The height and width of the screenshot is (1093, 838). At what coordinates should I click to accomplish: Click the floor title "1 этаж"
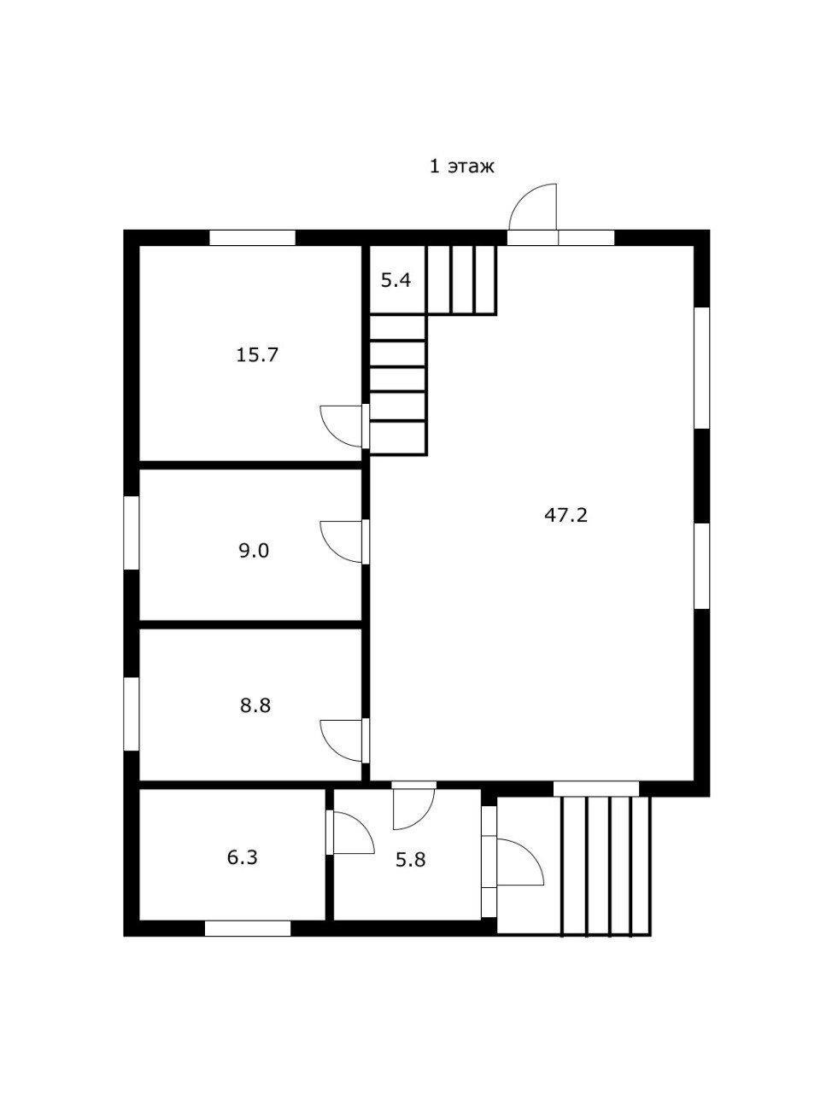[461, 167]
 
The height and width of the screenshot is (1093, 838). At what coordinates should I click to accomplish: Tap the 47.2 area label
[566, 515]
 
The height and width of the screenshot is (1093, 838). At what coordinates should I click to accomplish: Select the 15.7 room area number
[257, 354]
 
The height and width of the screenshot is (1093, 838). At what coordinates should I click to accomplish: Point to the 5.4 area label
[396, 279]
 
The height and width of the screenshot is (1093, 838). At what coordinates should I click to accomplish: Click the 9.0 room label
[254, 551]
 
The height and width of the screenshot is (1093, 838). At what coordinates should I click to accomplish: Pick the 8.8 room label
[255, 706]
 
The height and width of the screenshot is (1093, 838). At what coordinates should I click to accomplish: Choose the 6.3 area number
[242, 857]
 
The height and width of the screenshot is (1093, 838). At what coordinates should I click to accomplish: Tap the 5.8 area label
[410, 860]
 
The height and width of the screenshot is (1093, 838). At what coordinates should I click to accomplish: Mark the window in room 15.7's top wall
[252, 238]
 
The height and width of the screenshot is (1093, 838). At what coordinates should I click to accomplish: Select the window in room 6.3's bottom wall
[248, 928]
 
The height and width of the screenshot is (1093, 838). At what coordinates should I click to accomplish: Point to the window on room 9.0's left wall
[132, 532]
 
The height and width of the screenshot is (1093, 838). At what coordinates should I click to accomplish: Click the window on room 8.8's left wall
[132, 714]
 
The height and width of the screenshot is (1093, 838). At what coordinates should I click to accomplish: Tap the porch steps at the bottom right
[605, 865]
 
